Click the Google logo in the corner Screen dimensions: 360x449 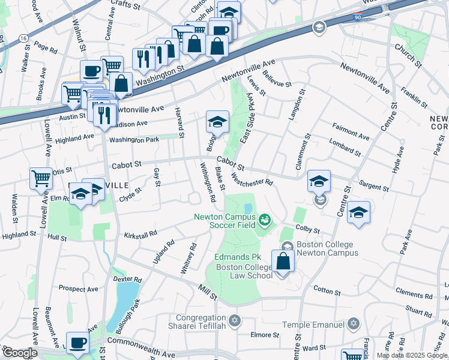click(20, 353)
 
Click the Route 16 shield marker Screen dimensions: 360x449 click(23, 38)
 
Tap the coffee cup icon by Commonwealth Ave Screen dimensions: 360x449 click(77, 343)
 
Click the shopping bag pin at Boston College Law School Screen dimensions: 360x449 click(283, 262)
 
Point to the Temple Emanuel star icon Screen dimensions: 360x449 click(354, 325)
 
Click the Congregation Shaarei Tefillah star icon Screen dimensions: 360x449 click(235, 319)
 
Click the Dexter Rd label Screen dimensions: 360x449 click(130, 280)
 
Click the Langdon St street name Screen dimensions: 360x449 click(297, 106)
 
